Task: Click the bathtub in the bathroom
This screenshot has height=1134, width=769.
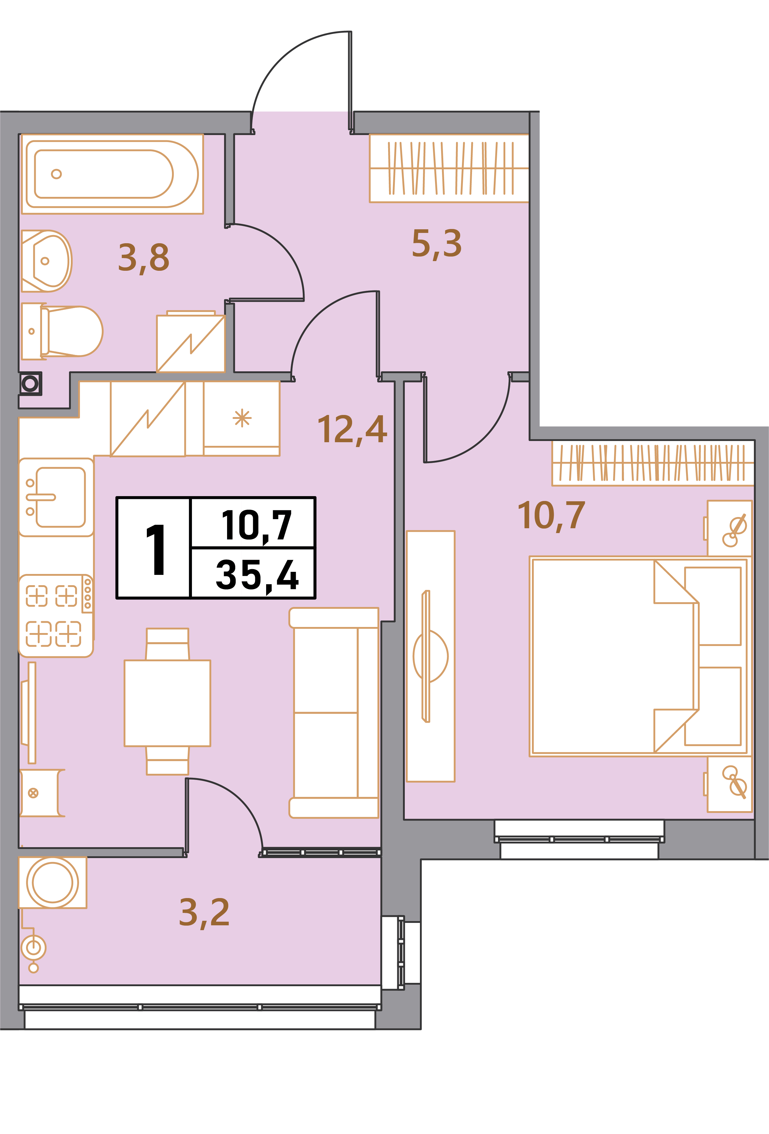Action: [x=112, y=174]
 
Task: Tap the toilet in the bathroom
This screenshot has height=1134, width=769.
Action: [x=62, y=331]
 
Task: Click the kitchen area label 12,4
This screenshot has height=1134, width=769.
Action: [x=352, y=430]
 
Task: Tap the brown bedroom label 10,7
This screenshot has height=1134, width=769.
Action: [x=551, y=516]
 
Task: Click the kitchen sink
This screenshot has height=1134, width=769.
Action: [x=56, y=497]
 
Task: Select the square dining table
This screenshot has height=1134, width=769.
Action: [x=167, y=703]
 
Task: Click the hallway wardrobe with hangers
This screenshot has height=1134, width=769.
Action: [x=449, y=168]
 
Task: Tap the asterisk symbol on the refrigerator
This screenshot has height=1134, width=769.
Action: [x=242, y=418]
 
